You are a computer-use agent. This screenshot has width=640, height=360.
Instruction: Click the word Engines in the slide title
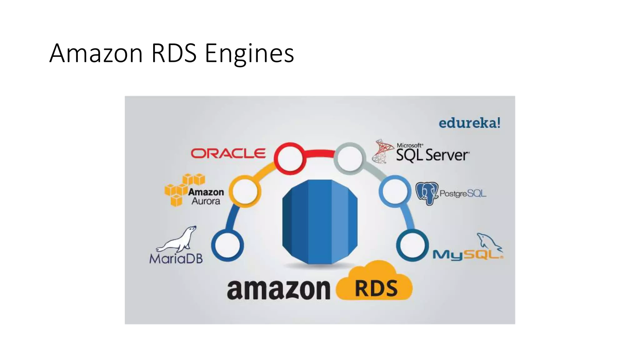(x=249, y=53)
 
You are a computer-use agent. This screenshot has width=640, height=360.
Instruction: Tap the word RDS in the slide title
(x=174, y=53)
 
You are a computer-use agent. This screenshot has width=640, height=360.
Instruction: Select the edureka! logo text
(x=469, y=123)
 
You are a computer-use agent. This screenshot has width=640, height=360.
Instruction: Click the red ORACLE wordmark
(x=228, y=153)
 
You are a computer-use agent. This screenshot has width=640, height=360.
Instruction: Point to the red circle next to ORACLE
(x=290, y=158)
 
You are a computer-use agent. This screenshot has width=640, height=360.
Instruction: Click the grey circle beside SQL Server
(x=349, y=158)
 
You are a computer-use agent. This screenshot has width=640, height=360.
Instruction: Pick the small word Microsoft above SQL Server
(x=409, y=145)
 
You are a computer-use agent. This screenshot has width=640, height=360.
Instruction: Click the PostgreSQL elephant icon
(x=427, y=193)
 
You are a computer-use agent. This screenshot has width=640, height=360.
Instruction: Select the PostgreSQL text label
(x=463, y=193)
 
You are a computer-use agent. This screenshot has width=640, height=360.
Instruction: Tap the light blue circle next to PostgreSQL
(x=395, y=191)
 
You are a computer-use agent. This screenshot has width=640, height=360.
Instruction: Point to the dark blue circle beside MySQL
(x=412, y=245)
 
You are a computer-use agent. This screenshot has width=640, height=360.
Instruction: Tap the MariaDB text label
(x=176, y=259)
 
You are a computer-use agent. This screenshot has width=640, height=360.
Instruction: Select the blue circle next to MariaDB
(x=227, y=245)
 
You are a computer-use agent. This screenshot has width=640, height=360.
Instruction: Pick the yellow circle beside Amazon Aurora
(x=245, y=191)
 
